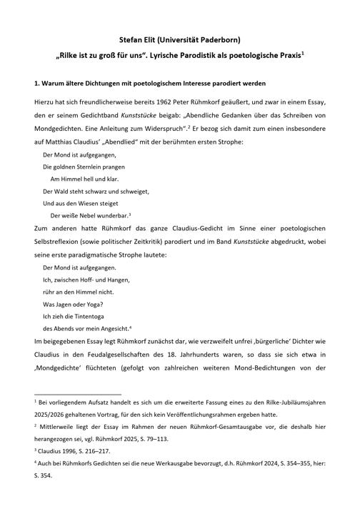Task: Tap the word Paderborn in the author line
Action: coord(221,39)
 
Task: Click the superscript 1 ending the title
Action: coord(303,51)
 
